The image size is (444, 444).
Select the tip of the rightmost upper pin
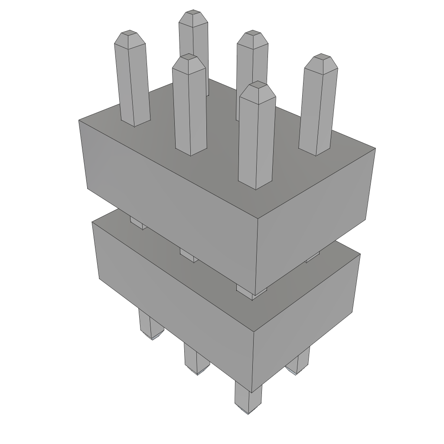click(321, 57)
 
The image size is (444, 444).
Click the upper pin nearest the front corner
click(256, 139)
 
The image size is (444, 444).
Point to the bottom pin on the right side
click(298, 362)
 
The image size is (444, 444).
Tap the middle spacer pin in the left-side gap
click(189, 255)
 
